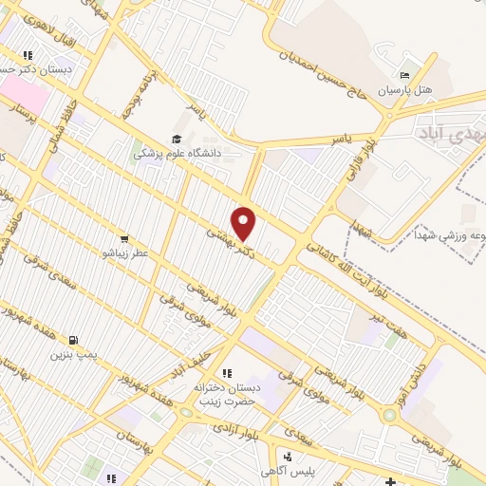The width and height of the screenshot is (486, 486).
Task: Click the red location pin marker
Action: tap(245, 223)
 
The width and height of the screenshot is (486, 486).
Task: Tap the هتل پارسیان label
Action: tap(405, 91)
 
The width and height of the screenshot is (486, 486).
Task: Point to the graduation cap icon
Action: tap(178, 137)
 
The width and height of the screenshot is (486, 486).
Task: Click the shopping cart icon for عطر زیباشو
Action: tap(124, 238)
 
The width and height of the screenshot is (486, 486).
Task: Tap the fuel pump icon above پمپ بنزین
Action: tap(72, 339)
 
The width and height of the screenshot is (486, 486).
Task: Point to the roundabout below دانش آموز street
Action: tap(388, 415)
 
